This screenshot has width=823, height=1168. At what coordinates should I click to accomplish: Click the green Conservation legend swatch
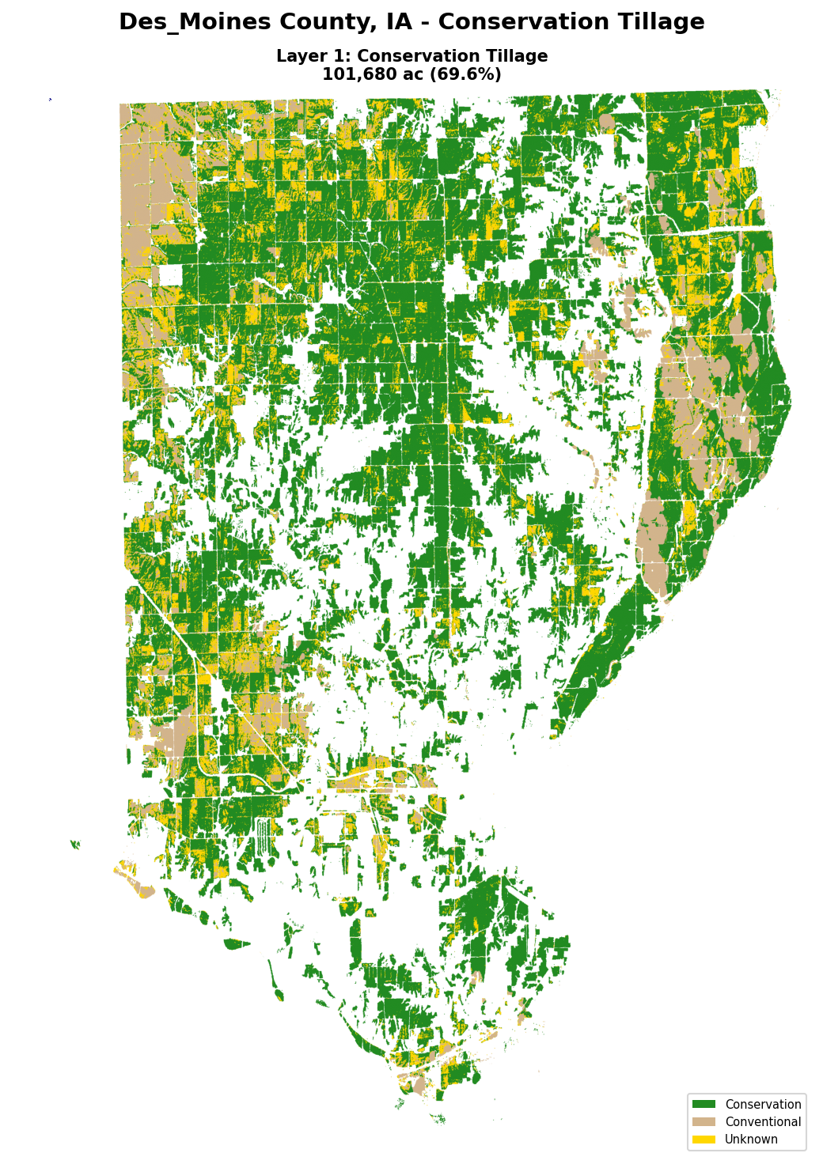[x=704, y=1105]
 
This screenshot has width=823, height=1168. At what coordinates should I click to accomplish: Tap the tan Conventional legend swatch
[x=704, y=1122]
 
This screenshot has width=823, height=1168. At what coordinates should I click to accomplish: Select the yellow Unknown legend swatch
[x=704, y=1140]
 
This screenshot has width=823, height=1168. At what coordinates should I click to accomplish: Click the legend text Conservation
[x=763, y=1105]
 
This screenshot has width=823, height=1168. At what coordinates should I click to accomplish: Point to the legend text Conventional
[x=763, y=1122]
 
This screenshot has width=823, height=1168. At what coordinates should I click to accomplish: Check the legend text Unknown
[x=751, y=1140]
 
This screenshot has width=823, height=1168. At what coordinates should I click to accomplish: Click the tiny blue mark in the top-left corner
[x=50, y=99]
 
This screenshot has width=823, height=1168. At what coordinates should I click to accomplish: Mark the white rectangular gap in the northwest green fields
[x=171, y=274]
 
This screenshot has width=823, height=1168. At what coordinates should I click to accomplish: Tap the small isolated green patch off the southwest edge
[x=75, y=845]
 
